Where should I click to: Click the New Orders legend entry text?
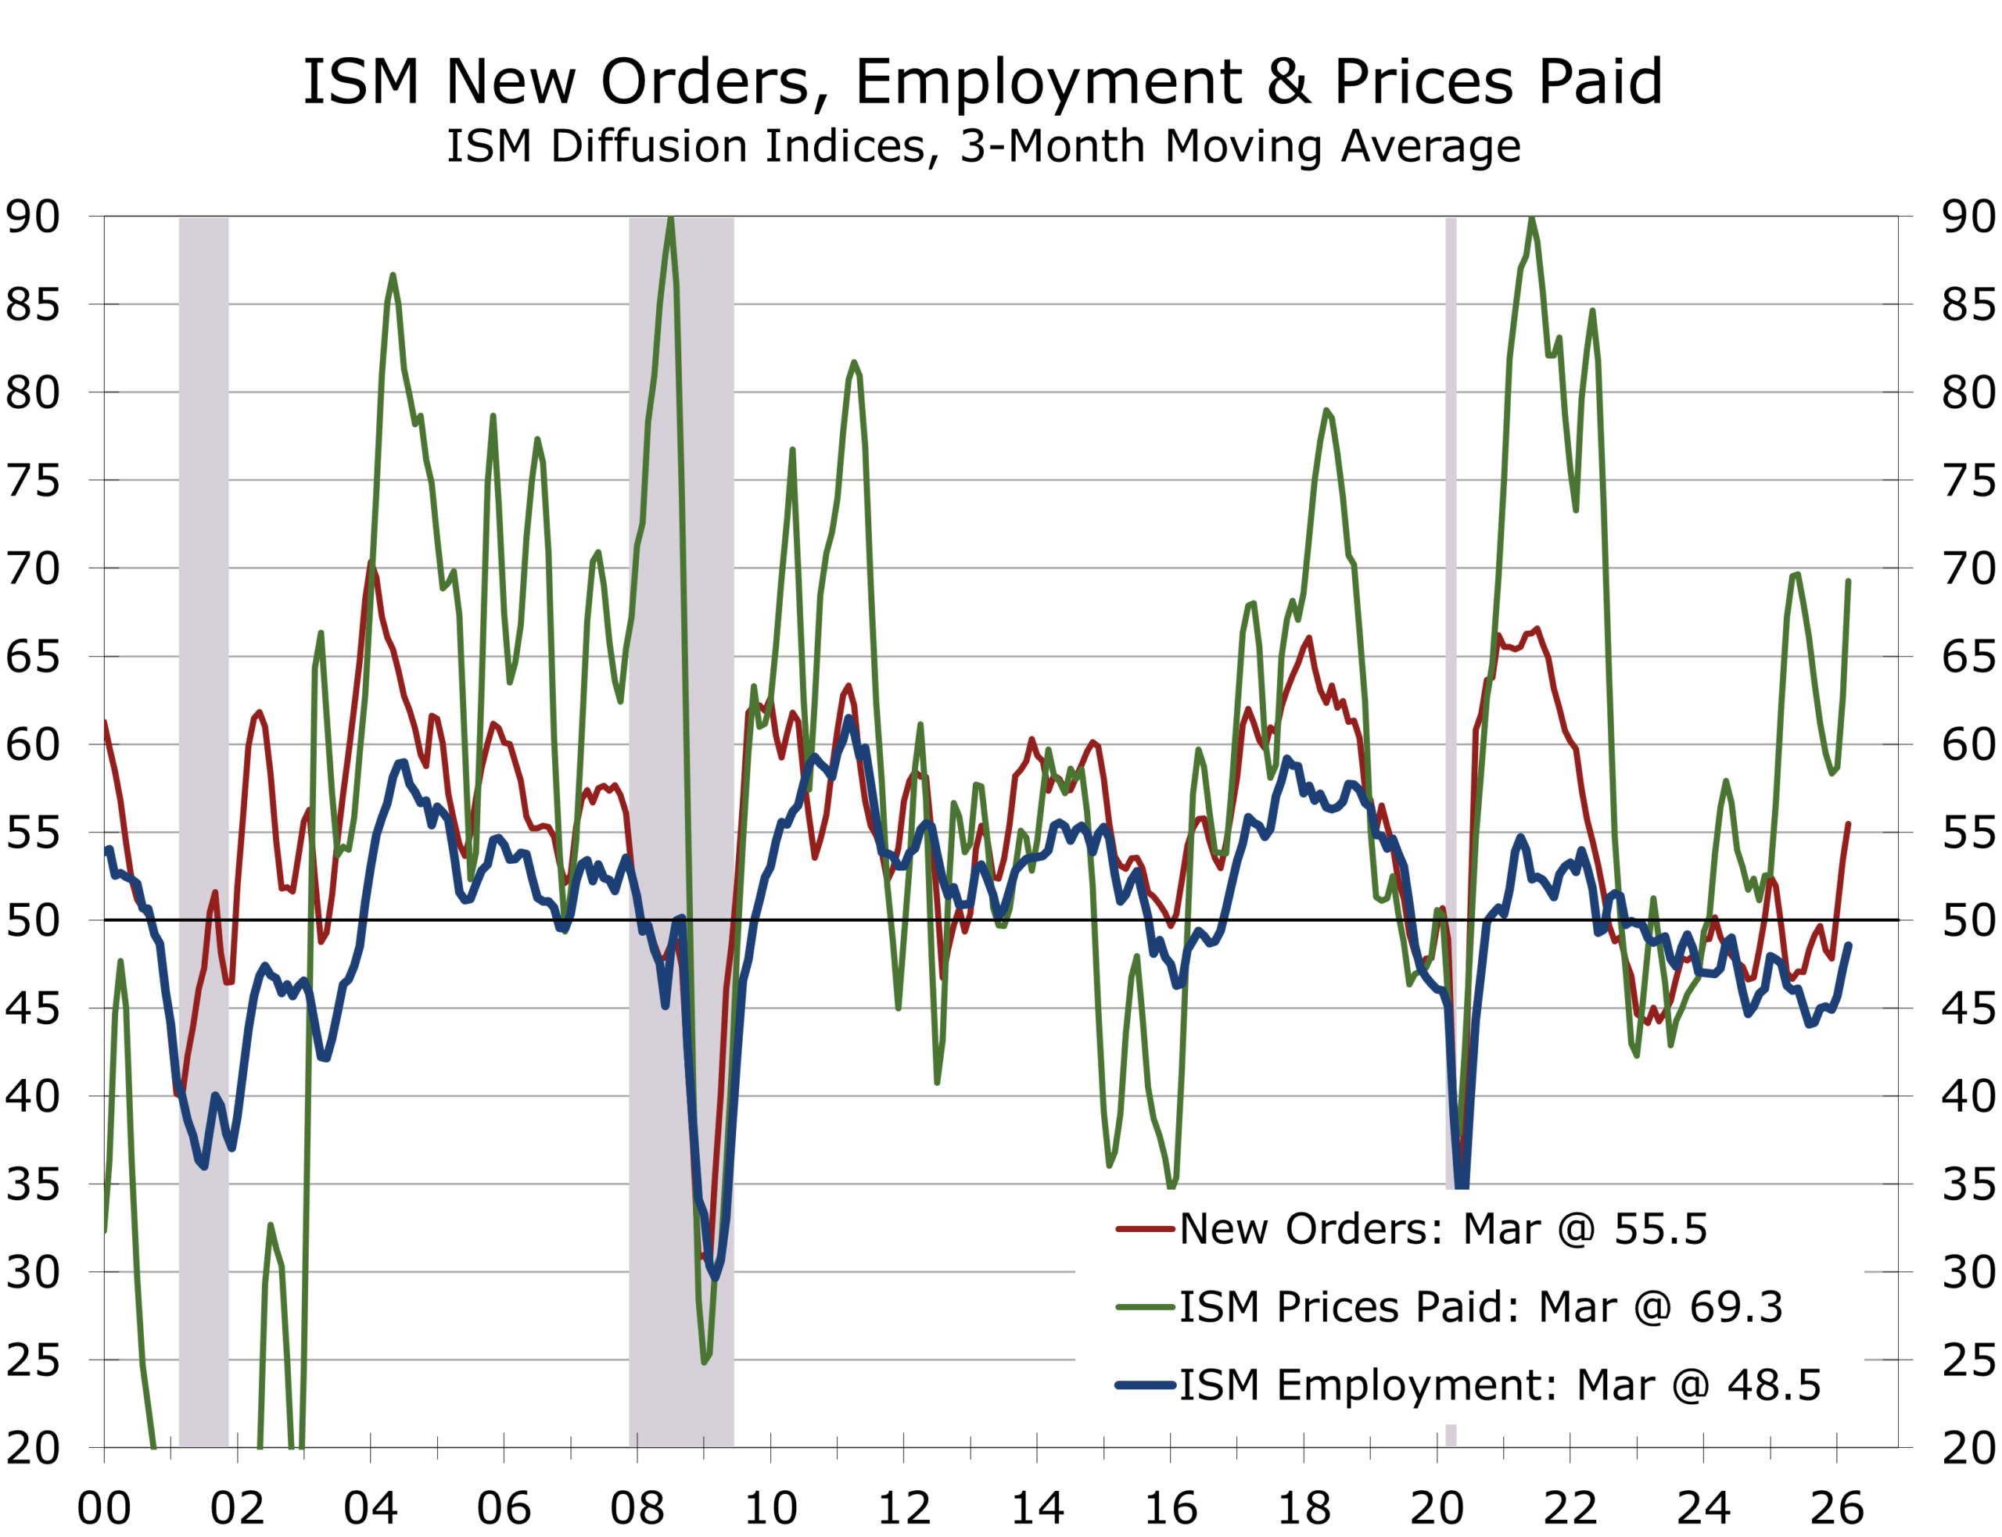click(1442, 1229)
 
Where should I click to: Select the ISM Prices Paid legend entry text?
click(1480, 1306)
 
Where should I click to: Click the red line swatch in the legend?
click(1145, 1229)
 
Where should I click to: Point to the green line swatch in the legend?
click(1145, 1307)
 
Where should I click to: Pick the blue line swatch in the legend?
click(1145, 1386)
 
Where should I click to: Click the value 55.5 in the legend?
click(1659, 1229)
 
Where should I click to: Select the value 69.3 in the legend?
click(1736, 1306)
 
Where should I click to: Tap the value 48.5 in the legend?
click(1773, 1385)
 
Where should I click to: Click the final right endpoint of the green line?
click(1848, 580)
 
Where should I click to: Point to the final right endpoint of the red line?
click(1848, 823)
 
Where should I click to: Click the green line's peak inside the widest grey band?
click(672, 220)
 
